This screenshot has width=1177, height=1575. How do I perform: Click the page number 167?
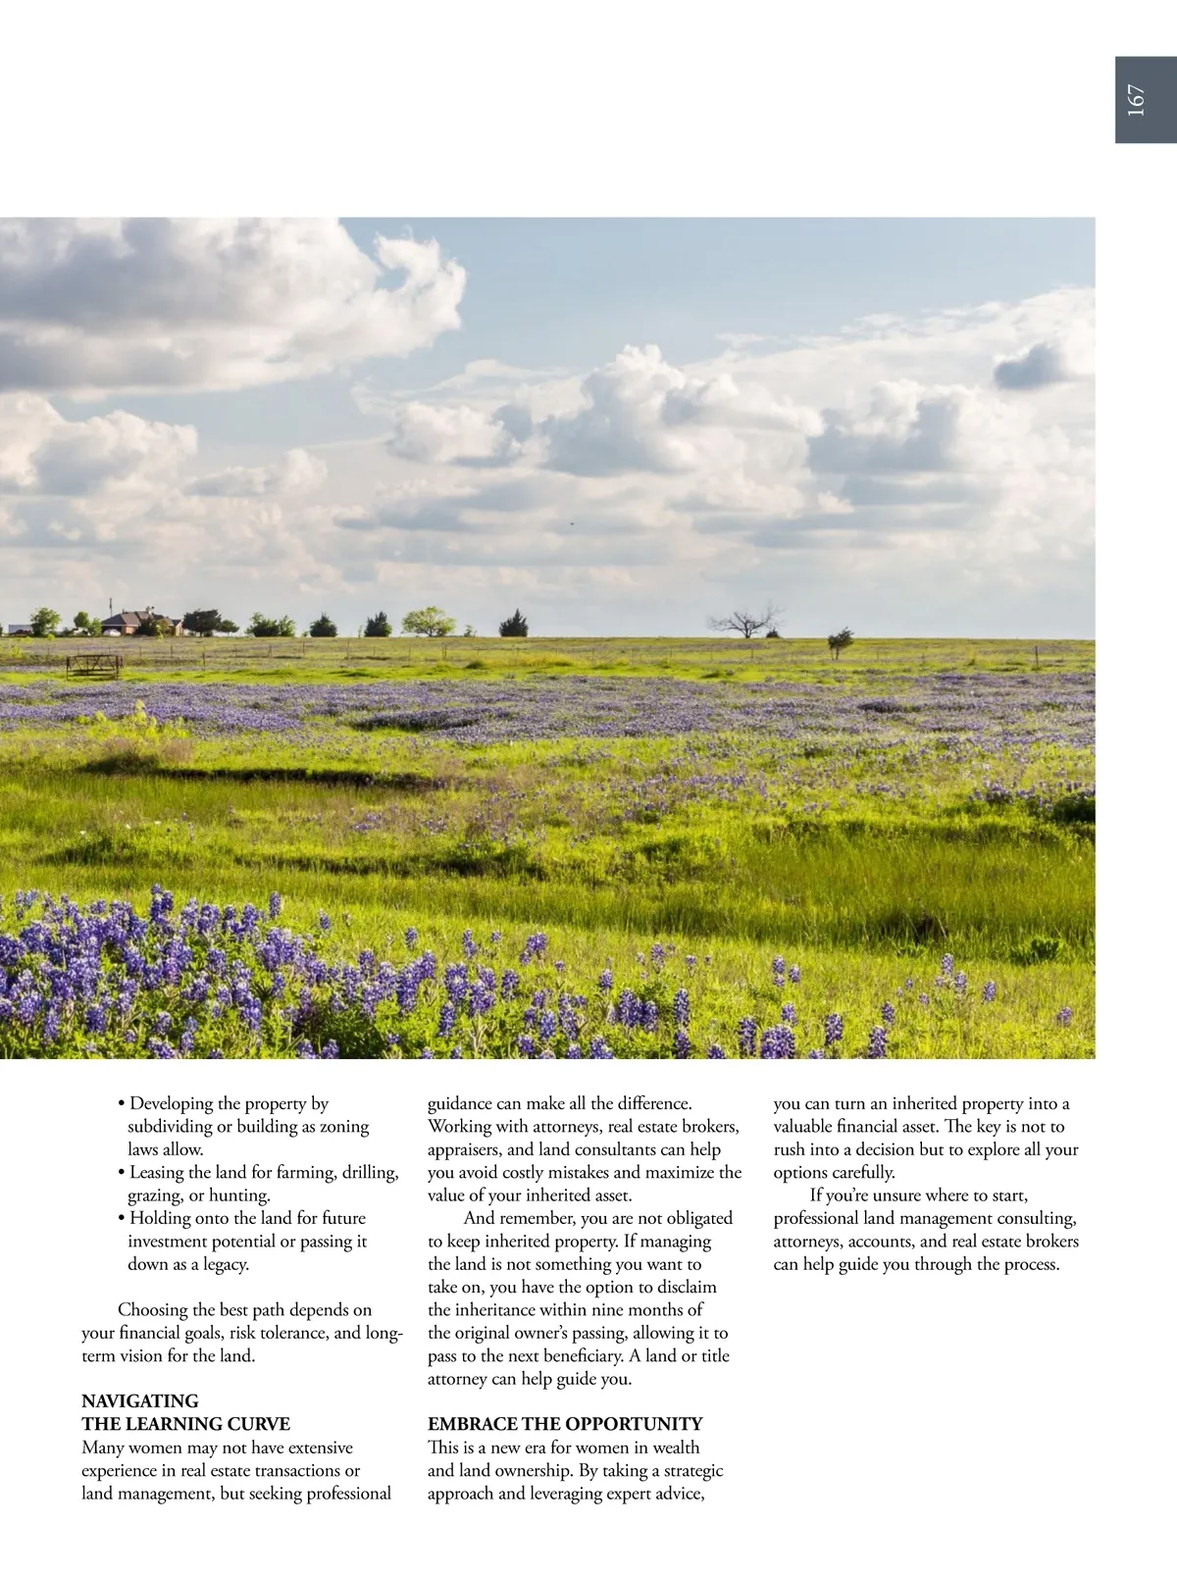[1136, 100]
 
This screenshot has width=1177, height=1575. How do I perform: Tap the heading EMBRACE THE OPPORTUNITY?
[565, 1424]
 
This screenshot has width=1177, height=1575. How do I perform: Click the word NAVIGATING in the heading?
[140, 1401]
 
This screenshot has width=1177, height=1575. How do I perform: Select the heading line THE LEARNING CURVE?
[185, 1424]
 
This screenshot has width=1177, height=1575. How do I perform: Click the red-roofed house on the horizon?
[141, 622]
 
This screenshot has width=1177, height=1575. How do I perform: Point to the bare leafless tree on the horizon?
[746, 622]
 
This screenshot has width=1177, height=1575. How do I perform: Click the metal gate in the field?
[94, 666]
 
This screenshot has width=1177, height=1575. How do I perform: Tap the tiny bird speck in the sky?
[572, 523]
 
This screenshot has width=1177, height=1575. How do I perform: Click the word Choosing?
[153, 1310]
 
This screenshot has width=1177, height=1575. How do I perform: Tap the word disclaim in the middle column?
[683, 1288]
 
